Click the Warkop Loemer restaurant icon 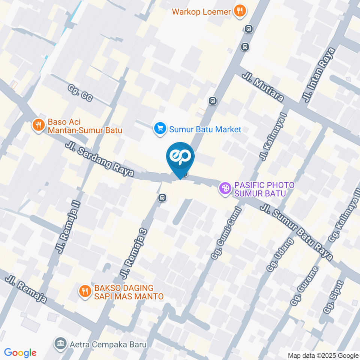coord(239,11)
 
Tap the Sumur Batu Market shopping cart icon coord(160,129)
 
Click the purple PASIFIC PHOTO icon coord(225,189)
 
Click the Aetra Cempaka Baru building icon coord(59,343)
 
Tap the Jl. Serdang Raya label coord(99,159)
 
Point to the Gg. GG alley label coord(80,92)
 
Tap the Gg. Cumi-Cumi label coord(225,233)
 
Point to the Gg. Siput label coord(334,296)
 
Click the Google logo coord(20,353)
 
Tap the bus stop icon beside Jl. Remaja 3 coord(162,198)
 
